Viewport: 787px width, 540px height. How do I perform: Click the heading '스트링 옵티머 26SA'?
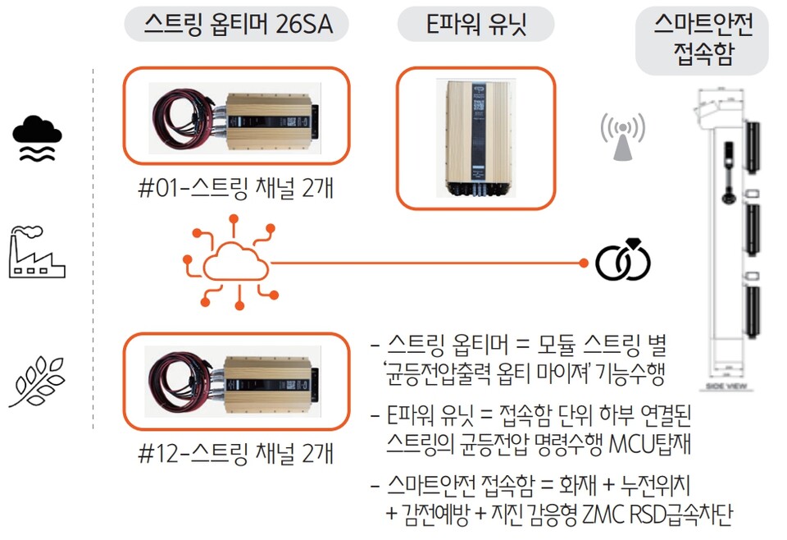236,24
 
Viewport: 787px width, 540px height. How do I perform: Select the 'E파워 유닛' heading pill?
475,24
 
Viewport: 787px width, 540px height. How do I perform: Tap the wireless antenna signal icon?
622,136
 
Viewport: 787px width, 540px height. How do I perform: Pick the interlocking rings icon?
623,260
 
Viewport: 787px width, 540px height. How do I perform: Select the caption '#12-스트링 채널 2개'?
235,453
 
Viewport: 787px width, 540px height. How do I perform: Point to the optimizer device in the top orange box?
271,116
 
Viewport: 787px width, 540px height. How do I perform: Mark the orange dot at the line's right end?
583,263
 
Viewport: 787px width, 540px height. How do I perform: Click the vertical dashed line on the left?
93,246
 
